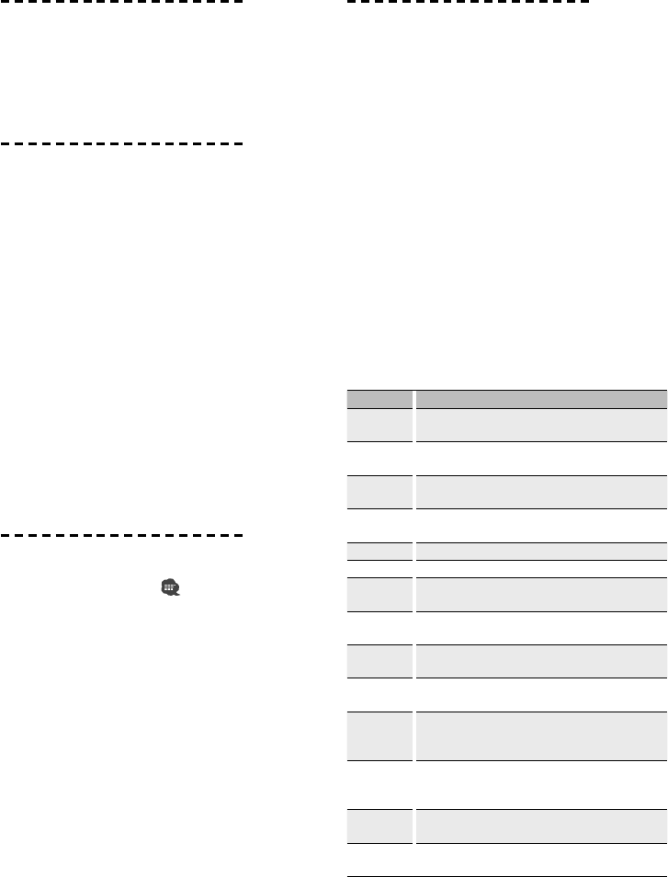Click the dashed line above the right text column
coord(469,2)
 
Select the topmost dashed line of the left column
coord(123,2)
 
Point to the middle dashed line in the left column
coord(123,144)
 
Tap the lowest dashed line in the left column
coord(123,534)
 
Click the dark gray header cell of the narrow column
coord(379,400)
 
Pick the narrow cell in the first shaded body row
coord(379,425)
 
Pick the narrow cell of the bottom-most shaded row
coord(379,826)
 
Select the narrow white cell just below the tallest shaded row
coord(379,783)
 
